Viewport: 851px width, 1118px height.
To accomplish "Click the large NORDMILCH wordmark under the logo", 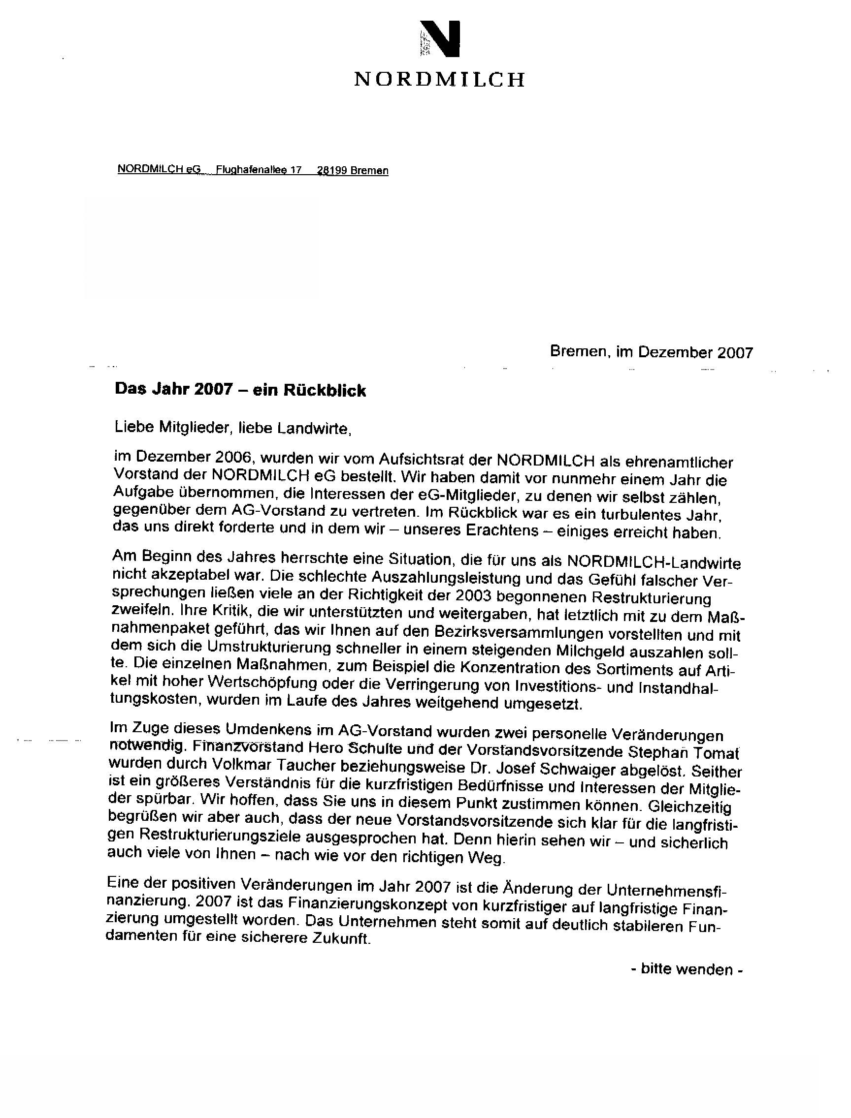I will tap(439, 79).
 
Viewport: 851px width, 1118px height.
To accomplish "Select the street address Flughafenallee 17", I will tap(259, 170).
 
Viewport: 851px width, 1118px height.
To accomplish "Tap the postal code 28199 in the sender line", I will tap(331, 171).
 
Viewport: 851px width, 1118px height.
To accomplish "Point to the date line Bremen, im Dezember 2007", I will tap(652, 352).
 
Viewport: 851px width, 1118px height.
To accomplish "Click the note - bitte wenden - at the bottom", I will tap(687, 969).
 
